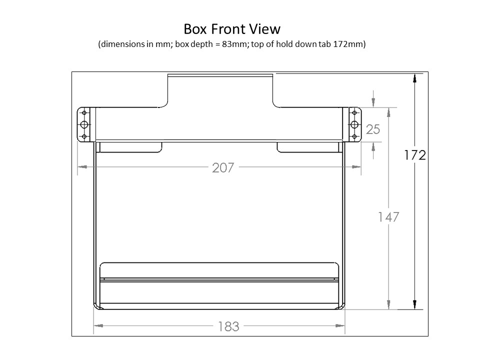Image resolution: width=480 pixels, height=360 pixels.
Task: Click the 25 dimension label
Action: pyautogui.click(x=373, y=129)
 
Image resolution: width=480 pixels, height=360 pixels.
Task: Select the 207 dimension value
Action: pyautogui.click(x=223, y=167)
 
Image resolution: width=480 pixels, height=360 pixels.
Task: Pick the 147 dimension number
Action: pyautogui.click(x=388, y=217)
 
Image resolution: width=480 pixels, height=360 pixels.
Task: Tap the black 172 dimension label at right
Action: pyautogui.click(x=415, y=155)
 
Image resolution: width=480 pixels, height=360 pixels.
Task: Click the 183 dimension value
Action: pyautogui.click(x=228, y=326)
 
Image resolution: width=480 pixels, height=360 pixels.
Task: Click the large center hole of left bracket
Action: pyautogui.click(x=84, y=124)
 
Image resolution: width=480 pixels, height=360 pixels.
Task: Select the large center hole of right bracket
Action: pyautogui.click(x=354, y=124)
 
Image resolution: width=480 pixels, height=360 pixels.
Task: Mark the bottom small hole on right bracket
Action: pyautogui.click(x=354, y=136)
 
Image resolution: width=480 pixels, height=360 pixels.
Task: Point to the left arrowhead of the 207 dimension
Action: pyautogui.click(x=80, y=167)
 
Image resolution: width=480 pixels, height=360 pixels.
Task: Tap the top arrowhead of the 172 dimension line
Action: pyautogui.click(x=415, y=78)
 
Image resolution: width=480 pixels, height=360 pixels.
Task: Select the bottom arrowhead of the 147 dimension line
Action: pyautogui.click(x=388, y=304)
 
